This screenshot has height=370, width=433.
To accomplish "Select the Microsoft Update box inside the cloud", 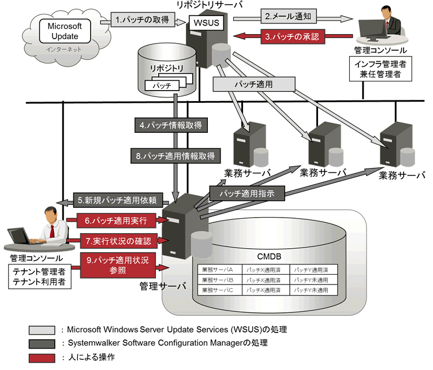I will point(65,32).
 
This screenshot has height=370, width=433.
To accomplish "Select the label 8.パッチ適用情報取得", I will point(175,155).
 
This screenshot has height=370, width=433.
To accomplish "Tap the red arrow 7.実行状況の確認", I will point(115,240).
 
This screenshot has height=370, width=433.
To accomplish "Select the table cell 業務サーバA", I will point(218,269).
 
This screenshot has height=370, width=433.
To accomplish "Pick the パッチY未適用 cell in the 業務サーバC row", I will point(311,289).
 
